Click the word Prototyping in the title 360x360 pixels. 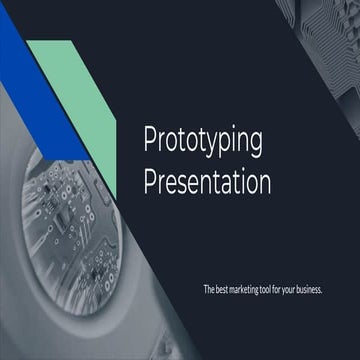[x=203, y=142]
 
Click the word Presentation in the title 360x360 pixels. [x=207, y=183]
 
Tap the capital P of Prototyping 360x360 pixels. [x=151, y=141]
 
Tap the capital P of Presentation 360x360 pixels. [x=151, y=183]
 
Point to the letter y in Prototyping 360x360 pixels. [x=212, y=145]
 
